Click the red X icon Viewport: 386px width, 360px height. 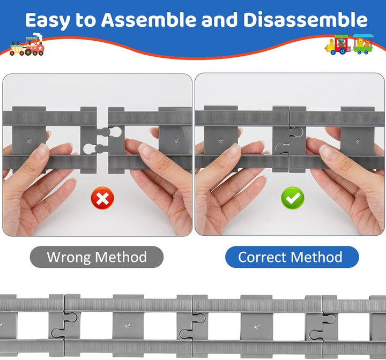(102, 198)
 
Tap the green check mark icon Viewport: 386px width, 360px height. (293, 198)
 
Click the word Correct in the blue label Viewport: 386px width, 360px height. (262, 257)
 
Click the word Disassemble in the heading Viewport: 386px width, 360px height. (305, 20)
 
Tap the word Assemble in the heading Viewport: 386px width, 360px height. (149, 20)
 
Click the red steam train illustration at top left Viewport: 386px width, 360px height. (27, 44)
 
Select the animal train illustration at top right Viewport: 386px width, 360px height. (349, 44)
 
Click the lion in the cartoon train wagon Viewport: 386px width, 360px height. (360, 42)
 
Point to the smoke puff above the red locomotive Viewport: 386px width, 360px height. (38, 36)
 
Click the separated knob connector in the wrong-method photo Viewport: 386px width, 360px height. (102, 140)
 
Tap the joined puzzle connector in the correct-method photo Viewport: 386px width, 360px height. (289, 140)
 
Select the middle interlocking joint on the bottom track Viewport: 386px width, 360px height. (192, 325)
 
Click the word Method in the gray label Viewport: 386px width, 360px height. (121, 257)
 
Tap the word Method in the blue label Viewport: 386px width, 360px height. (317, 257)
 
